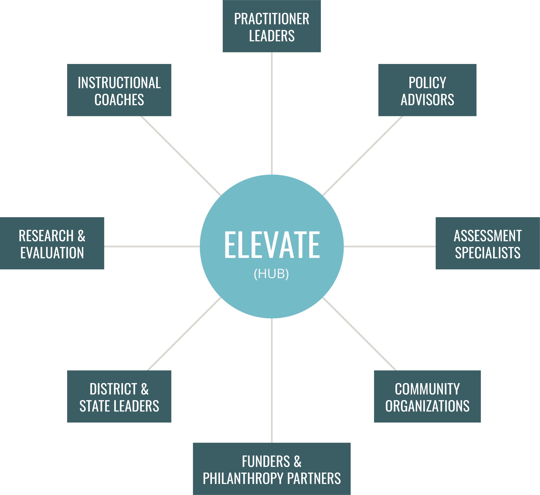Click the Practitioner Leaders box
pyautogui.click(x=272, y=27)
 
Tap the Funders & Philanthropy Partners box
pyautogui.click(x=272, y=470)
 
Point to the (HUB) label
pyautogui.click(x=271, y=274)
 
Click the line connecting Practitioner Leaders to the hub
pyautogui.click(x=272, y=112)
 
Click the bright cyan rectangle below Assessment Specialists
pyautogui.click(x=488, y=317)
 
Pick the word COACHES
pyautogui.click(x=119, y=100)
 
